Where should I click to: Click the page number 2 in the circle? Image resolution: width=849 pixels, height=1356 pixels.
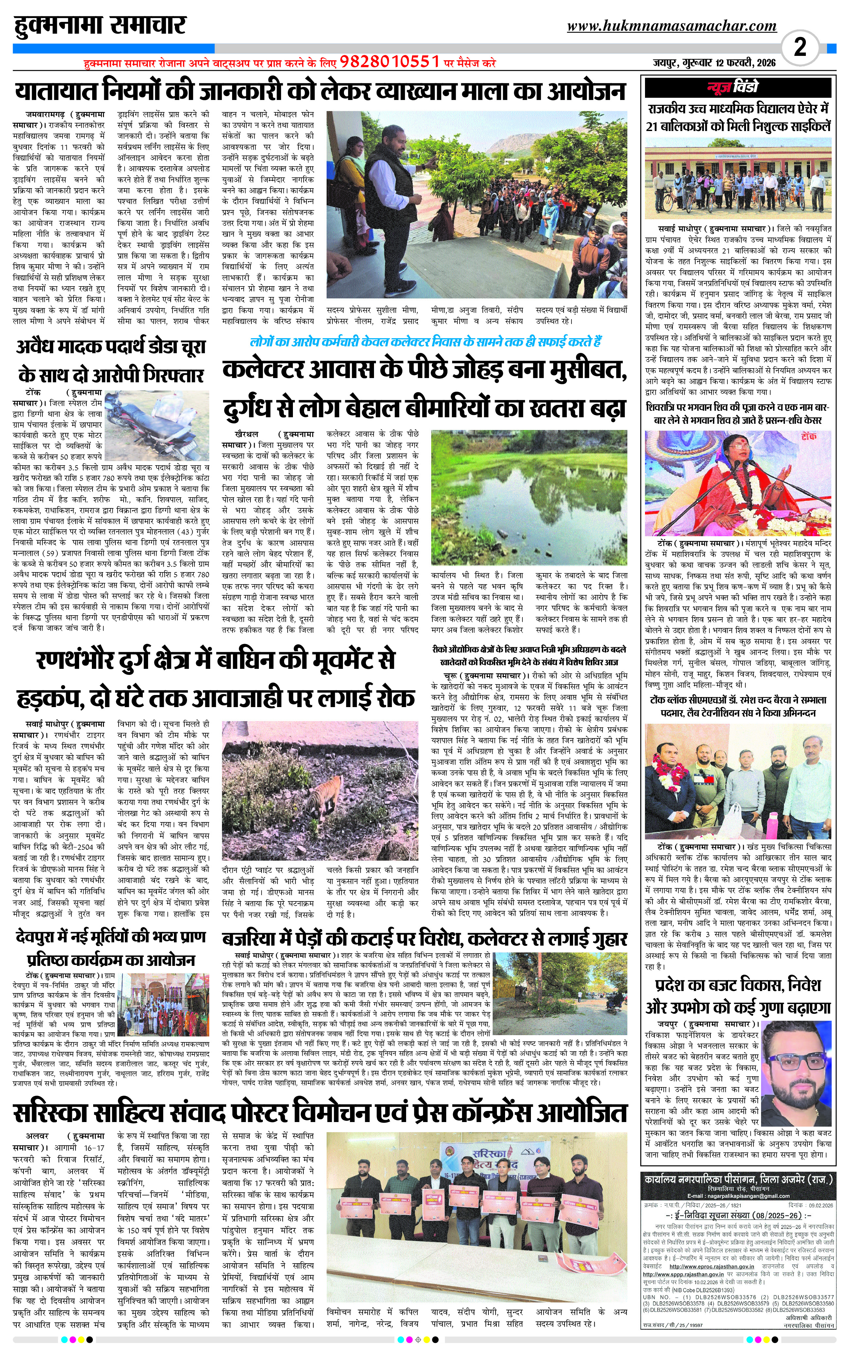800,47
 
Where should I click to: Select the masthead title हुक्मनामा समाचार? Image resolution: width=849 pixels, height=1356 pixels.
100,26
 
